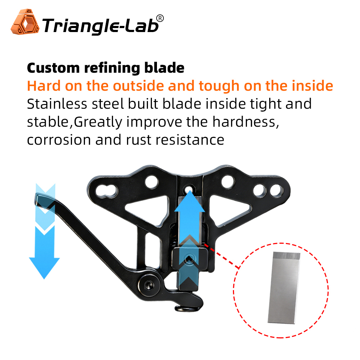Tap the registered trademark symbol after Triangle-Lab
click(x=161, y=18)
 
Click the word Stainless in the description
click(x=57, y=104)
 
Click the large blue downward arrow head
click(x=44, y=266)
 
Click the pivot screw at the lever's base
click(x=149, y=284)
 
